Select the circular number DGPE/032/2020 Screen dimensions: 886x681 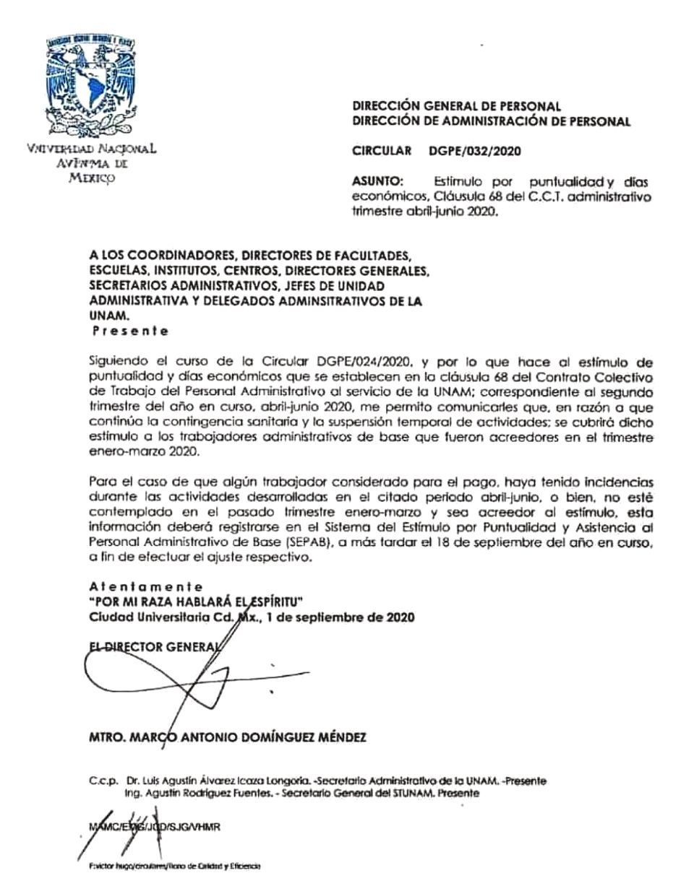[474, 152]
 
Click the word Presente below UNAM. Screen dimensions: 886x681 [131, 331]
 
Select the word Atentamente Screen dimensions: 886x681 [146, 587]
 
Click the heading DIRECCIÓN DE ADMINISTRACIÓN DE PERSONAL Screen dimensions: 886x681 [491, 121]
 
